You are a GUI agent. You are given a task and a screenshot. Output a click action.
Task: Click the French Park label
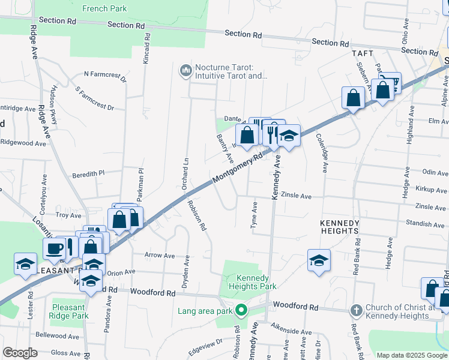[x=105, y=8]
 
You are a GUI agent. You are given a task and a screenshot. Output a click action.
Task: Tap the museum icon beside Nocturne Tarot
[x=185, y=71]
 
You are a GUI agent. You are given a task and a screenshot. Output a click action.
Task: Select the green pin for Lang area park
[x=241, y=311]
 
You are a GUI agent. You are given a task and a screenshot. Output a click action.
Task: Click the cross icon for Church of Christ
[x=355, y=310]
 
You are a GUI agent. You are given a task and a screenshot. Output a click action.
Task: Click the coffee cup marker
[x=54, y=248]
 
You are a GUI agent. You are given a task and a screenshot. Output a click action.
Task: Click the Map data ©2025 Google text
[x=411, y=355]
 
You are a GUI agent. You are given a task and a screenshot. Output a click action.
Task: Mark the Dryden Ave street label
[x=187, y=270]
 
